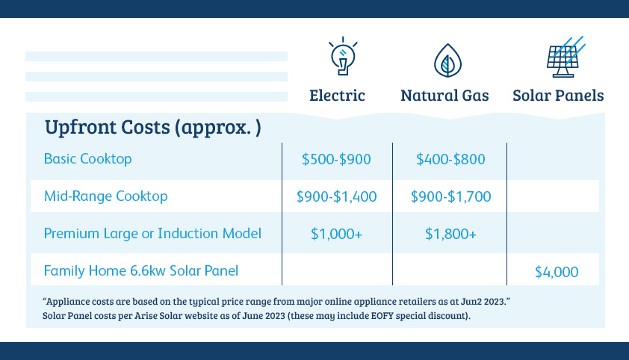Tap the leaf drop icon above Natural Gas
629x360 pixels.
[447, 60]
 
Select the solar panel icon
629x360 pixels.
[566, 57]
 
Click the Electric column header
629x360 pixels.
[337, 96]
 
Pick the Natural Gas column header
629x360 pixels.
[444, 96]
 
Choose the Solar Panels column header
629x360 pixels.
[558, 96]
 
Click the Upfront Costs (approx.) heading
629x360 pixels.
[153, 128]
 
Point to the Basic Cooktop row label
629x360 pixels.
[88, 159]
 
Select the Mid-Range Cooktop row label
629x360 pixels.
[106, 196]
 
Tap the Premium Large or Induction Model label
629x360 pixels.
[152, 233]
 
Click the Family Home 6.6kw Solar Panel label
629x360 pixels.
[141, 270]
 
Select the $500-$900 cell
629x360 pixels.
[336, 159]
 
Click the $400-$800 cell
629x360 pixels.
[450, 159]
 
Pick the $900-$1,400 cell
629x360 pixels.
[337, 196]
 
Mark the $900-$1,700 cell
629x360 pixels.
[451, 196]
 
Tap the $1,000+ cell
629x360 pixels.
[337, 234]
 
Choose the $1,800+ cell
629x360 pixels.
[451, 234]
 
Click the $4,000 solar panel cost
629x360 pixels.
[557, 272]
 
